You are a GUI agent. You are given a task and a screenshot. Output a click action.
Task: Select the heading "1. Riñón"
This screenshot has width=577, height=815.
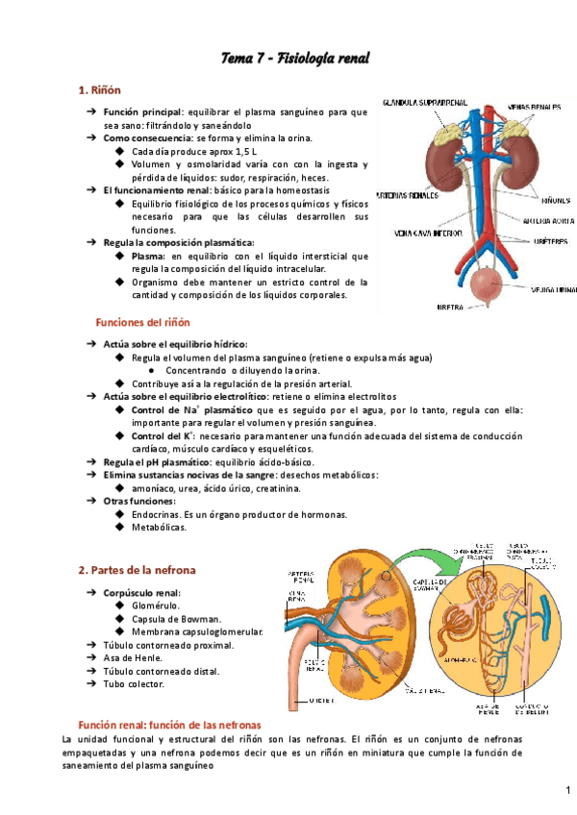(x=99, y=90)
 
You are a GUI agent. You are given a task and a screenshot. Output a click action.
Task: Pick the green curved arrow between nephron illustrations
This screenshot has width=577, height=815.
(x=420, y=556)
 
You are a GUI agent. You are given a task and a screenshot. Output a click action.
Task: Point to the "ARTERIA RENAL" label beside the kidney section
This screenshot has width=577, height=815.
(x=300, y=578)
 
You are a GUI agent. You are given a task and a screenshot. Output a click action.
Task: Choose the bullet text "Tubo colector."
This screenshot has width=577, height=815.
(x=134, y=684)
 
